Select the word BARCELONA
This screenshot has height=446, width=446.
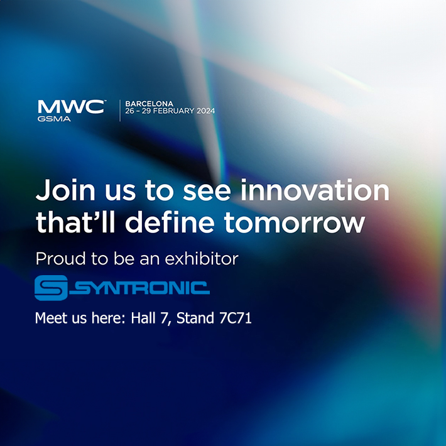[150, 102]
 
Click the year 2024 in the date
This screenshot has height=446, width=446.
[205, 111]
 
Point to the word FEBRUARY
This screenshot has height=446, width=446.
[173, 111]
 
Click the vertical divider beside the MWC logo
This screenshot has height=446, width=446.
[119, 109]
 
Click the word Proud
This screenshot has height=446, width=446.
[57, 258]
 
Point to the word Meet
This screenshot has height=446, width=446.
[50, 318]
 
